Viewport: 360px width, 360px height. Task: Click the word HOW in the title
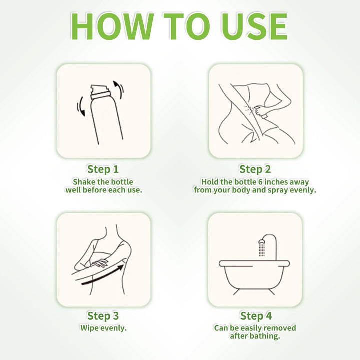[x=112, y=26]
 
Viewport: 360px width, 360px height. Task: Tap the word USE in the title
[x=254, y=26]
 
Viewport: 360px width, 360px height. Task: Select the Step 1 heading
[x=103, y=169]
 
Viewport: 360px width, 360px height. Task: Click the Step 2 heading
[x=255, y=169]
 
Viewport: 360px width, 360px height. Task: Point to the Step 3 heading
[x=103, y=316]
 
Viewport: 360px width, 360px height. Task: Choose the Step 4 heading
[x=256, y=316]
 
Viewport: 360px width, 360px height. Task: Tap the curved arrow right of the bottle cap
[x=118, y=90]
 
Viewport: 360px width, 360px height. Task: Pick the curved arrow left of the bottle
[x=81, y=106]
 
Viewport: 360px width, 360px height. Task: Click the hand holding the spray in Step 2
[x=261, y=111]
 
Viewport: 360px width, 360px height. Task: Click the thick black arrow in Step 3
[x=103, y=275]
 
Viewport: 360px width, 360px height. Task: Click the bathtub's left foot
[x=236, y=292]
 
